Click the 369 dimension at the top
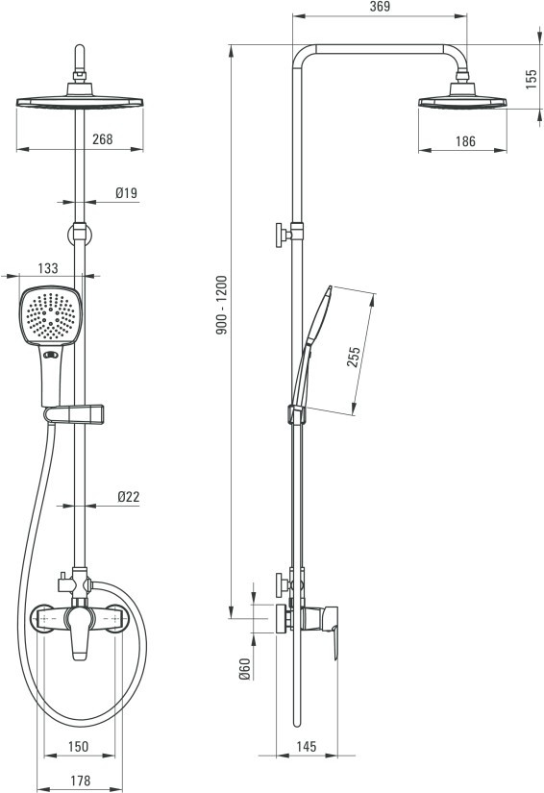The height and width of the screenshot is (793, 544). pyautogui.click(x=380, y=7)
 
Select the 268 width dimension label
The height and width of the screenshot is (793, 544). pyautogui.click(x=103, y=139)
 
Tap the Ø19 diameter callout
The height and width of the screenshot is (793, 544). pyautogui.click(x=126, y=192)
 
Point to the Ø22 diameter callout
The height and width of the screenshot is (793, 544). pyautogui.click(x=129, y=497)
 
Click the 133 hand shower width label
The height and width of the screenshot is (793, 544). pyautogui.click(x=48, y=268)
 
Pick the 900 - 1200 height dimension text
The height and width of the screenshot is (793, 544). pyautogui.click(x=222, y=305)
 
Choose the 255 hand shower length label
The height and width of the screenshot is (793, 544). pyautogui.click(x=354, y=357)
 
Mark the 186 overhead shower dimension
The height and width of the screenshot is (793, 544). pyautogui.click(x=465, y=141)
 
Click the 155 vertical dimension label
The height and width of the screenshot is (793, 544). pyautogui.click(x=531, y=80)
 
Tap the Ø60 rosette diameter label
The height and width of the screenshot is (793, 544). pyautogui.click(x=244, y=669)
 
